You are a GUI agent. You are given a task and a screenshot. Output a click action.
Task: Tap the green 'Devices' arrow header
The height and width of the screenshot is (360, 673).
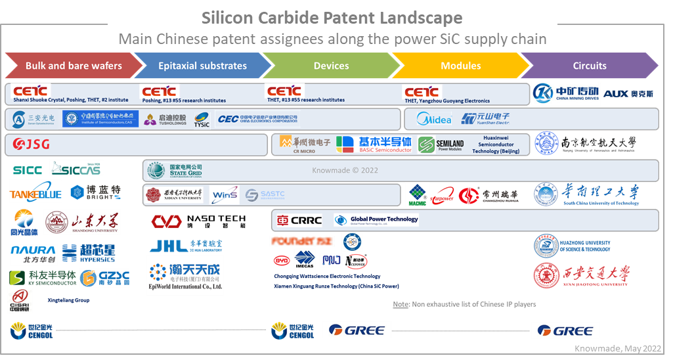[331, 66]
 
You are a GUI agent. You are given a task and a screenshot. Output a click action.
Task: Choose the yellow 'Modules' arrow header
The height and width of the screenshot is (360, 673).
[460, 66]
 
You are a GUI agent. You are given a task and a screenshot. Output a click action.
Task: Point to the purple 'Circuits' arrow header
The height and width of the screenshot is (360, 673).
[589, 66]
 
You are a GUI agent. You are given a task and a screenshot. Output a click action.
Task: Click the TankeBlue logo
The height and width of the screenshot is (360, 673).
[35, 192]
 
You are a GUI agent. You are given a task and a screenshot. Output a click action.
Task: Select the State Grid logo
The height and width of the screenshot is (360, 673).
[175, 170]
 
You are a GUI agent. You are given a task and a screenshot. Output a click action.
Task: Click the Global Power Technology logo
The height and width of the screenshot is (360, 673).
[376, 219]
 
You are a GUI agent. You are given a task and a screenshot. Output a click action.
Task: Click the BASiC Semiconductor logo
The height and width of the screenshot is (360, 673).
[374, 145]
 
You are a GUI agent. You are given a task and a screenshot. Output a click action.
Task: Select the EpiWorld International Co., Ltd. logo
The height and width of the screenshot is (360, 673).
[185, 276]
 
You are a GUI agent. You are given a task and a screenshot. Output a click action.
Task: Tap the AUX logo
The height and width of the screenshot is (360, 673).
[628, 94]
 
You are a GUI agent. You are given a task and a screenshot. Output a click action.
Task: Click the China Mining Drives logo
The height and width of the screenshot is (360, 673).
[566, 94]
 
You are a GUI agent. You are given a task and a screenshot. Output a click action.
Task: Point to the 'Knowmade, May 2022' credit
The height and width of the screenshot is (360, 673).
[620, 349]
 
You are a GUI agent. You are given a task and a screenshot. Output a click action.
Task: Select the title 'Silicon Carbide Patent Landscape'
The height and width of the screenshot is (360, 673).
[332, 18]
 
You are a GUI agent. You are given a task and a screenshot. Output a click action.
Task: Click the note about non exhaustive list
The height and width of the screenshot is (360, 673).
[464, 304]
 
